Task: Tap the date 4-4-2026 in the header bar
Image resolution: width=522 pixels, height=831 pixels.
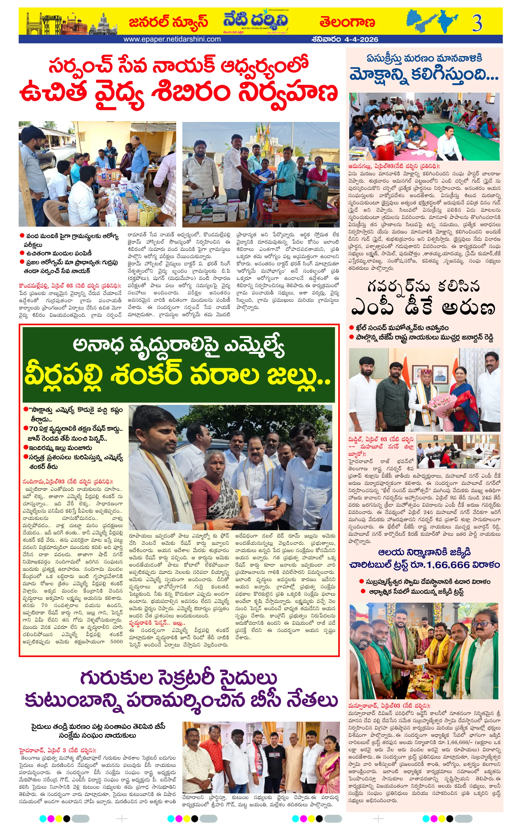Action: [361, 39]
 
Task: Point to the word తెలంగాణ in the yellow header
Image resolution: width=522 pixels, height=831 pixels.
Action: [347, 22]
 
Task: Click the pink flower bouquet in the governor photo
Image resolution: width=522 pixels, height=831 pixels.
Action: [442, 404]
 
